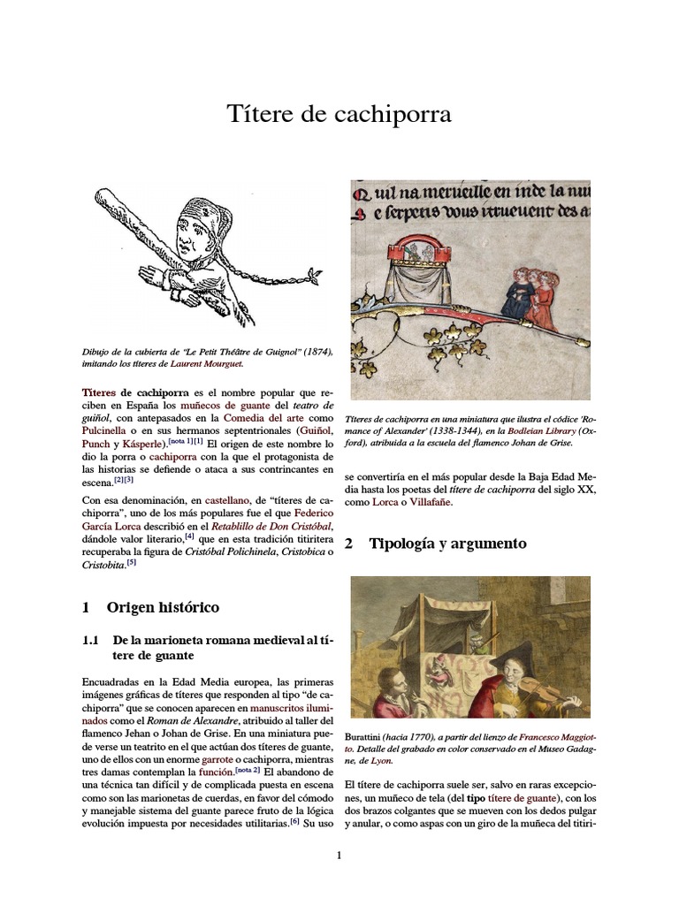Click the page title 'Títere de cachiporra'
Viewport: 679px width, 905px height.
(339, 114)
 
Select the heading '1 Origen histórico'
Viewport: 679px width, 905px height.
(150, 608)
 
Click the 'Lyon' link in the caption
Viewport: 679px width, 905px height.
(381, 760)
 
